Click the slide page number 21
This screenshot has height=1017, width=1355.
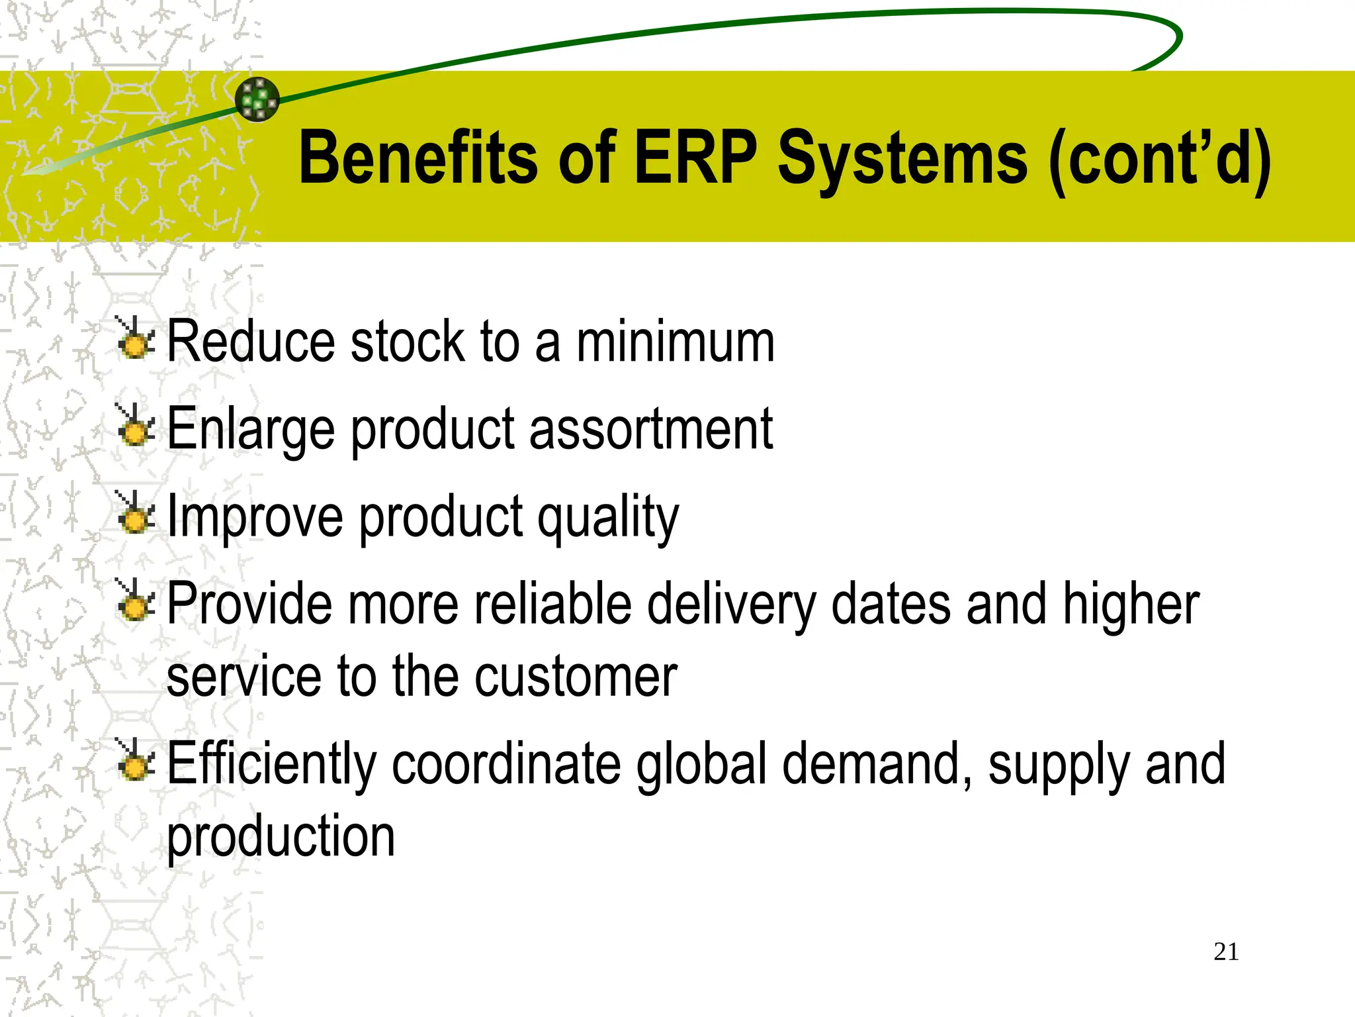[1226, 951]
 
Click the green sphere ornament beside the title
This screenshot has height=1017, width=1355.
[257, 99]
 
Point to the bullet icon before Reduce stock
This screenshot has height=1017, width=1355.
[136, 339]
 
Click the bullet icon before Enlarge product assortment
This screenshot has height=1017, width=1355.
[136, 426]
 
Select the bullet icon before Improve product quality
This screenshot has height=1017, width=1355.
[136, 513]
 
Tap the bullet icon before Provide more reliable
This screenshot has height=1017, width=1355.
[136, 601]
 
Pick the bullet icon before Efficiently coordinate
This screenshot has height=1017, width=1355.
[136, 760]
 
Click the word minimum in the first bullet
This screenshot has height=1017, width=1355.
[675, 342]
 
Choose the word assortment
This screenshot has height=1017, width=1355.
[650, 429]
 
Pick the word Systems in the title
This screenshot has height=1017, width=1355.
[902, 159]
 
